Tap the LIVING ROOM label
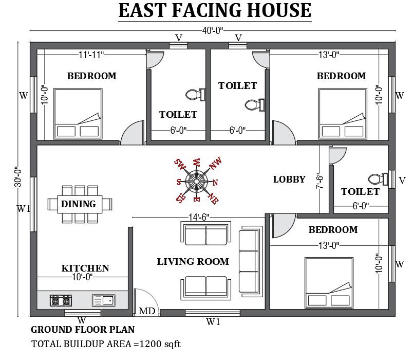(x=193, y=262)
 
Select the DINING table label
(x=79, y=204)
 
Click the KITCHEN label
(x=85, y=268)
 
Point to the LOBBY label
(x=289, y=179)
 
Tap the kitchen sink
(x=103, y=300)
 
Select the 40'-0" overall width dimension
(x=212, y=31)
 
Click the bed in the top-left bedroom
(x=77, y=114)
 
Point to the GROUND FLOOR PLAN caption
(x=83, y=330)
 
